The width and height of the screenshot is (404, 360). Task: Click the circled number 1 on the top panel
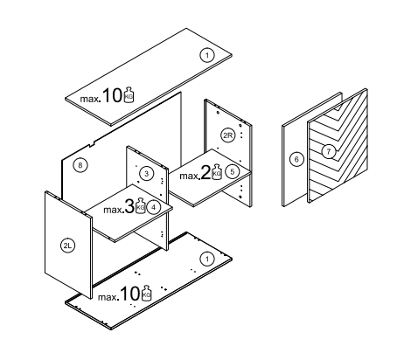point(207,55)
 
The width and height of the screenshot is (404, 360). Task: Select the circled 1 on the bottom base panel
point(207,259)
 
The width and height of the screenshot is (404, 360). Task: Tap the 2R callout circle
point(227,135)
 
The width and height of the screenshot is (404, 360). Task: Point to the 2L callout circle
point(67,246)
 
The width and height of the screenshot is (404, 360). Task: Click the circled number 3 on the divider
point(147,174)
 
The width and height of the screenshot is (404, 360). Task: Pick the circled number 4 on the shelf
point(154,207)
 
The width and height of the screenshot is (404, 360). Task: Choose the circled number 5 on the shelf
point(233,171)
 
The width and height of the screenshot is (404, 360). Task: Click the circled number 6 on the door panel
point(296,159)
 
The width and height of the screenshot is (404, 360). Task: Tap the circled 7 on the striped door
point(329,151)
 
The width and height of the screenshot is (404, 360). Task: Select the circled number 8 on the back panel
point(80,165)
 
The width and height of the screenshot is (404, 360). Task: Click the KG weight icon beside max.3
point(141,205)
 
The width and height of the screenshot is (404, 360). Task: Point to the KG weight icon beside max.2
point(216,172)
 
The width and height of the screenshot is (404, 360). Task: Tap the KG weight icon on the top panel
point(129,94)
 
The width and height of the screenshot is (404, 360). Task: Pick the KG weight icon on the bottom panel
point(146,293)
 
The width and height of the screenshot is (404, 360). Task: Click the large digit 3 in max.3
point(129,206)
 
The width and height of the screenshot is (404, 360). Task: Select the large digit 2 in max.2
point(205,172)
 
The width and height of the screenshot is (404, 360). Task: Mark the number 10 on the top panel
point(112,95)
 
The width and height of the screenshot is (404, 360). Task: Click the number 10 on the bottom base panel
point(129,294)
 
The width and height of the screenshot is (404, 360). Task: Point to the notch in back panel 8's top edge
point(93,144)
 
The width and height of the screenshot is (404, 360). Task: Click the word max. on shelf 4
point(114,210)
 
